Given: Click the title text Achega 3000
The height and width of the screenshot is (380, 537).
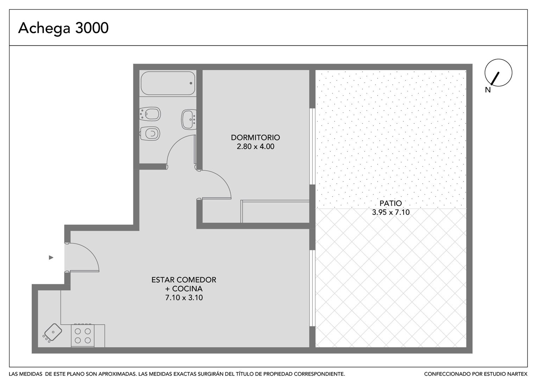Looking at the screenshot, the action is [63, 28].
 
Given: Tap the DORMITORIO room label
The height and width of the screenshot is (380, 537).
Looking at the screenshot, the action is [255, 137].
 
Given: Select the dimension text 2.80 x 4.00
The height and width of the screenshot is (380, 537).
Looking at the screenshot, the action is [255, 146].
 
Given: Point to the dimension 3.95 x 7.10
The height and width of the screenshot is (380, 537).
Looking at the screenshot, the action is [391, 212].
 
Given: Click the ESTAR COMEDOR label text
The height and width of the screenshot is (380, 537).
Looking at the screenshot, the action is [184, 280].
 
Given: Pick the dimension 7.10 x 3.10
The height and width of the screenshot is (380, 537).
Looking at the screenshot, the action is [184, 298].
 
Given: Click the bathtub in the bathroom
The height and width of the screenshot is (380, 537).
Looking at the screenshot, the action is [168, 83].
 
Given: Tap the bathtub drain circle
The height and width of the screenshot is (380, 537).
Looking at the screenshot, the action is [191, 83].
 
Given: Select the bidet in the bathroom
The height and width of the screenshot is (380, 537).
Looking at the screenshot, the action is [150, 114].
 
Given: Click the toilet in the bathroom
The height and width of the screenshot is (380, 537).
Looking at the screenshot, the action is [150, 133].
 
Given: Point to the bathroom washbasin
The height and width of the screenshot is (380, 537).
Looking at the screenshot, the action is [189, 119].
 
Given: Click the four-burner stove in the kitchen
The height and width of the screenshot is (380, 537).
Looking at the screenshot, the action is [83, 335].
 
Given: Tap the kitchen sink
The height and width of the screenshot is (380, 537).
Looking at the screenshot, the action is [53, 332].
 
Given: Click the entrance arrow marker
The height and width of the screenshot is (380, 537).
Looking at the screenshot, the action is [51, 258].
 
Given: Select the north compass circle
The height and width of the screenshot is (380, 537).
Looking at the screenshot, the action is [498, 72].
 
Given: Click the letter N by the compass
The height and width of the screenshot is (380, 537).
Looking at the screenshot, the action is [488, 90].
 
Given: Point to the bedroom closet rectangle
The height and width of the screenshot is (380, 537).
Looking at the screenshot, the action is [275, 211].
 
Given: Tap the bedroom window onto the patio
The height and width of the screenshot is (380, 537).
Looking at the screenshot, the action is [312, 146].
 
